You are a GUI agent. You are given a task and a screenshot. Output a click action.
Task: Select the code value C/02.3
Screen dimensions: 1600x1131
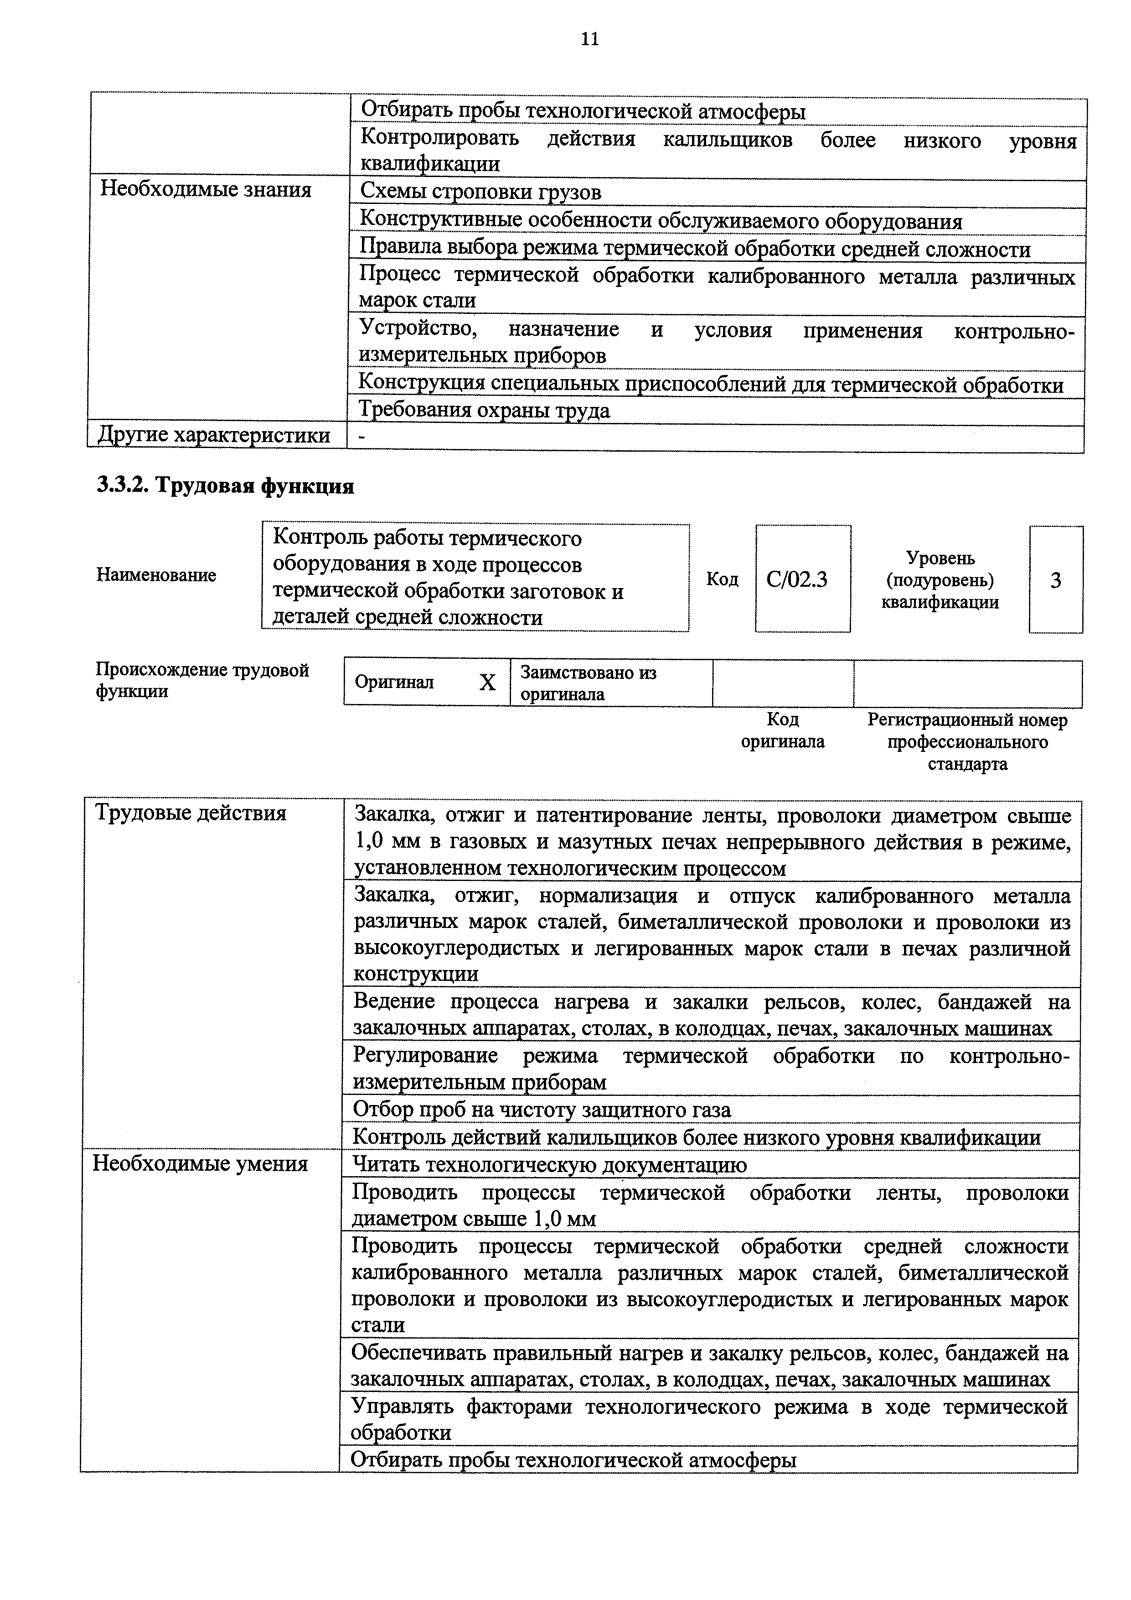pyautogui.click(x=797, y=579)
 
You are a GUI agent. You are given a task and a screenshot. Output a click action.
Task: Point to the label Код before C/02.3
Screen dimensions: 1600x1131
pyautogui.click(x=722, y=579)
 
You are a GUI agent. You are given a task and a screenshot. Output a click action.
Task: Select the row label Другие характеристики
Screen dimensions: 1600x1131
pyautogui.click(x=214, y=435)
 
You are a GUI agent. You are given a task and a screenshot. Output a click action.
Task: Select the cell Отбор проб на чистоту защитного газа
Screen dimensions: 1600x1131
pyautogui.click(x=542, y=1110)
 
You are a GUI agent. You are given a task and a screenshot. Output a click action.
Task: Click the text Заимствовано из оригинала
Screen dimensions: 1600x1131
pyautogui.click(x=589, y=683)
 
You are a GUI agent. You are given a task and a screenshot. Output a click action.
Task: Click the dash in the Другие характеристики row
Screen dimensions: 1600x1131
pyautogui.click(x=361, y=436)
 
